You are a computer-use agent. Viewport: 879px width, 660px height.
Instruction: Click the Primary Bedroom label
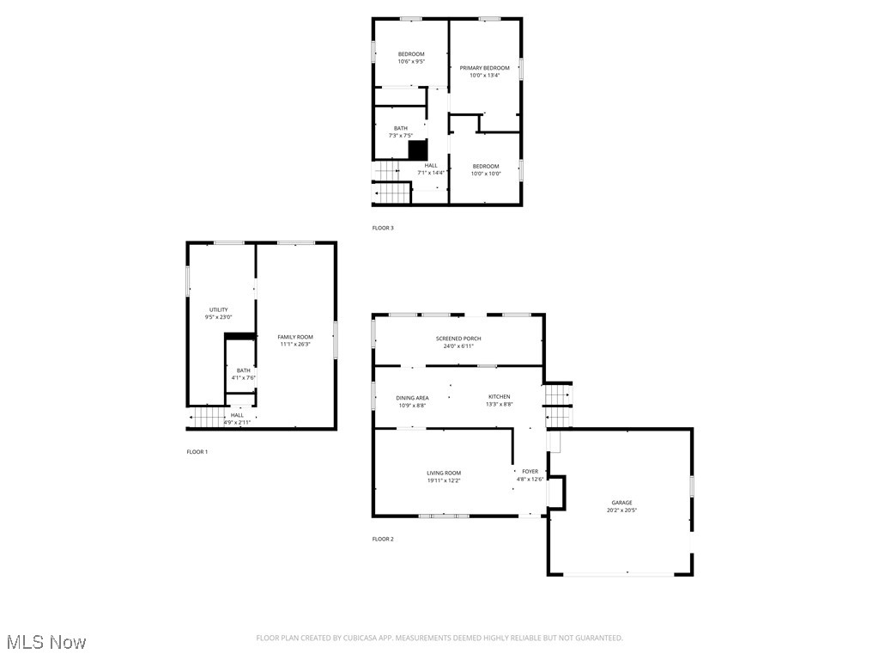(x=484, y=68)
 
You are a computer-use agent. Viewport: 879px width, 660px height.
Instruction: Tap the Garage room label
(x=621, y=503)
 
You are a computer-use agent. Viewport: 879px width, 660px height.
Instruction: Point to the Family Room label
(x=294, y=337)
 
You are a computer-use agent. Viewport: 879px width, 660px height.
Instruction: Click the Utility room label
(x=218, y=309)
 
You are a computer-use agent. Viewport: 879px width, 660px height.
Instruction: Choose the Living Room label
(x=444, y=473)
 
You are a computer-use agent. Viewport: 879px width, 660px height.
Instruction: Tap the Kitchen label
(x=499, y=397)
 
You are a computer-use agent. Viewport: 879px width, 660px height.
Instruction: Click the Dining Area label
(x=412, y=398)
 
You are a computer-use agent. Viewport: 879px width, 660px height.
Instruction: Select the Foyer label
(x=530, y=471)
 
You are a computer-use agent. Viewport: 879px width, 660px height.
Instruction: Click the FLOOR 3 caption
(x=383, y=228)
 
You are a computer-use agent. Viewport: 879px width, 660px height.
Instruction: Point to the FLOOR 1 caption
(x=197, y=451)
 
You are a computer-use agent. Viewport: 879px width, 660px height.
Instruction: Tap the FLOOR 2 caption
(x=383, y=539)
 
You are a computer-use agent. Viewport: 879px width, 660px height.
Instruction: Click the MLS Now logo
(x=46, y=642)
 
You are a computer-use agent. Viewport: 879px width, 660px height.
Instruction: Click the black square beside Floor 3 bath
(x=417, y=150)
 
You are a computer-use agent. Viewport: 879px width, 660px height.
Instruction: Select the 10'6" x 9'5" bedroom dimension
(x=410, y=61)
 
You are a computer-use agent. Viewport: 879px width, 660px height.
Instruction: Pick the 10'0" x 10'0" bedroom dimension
(x=485, y=174)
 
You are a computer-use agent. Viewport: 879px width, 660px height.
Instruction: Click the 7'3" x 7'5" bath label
(x=401, y=136)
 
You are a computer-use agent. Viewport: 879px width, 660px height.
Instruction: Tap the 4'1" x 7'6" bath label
(x=244, y=378)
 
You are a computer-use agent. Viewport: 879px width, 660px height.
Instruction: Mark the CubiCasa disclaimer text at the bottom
(x=439, y=638)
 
